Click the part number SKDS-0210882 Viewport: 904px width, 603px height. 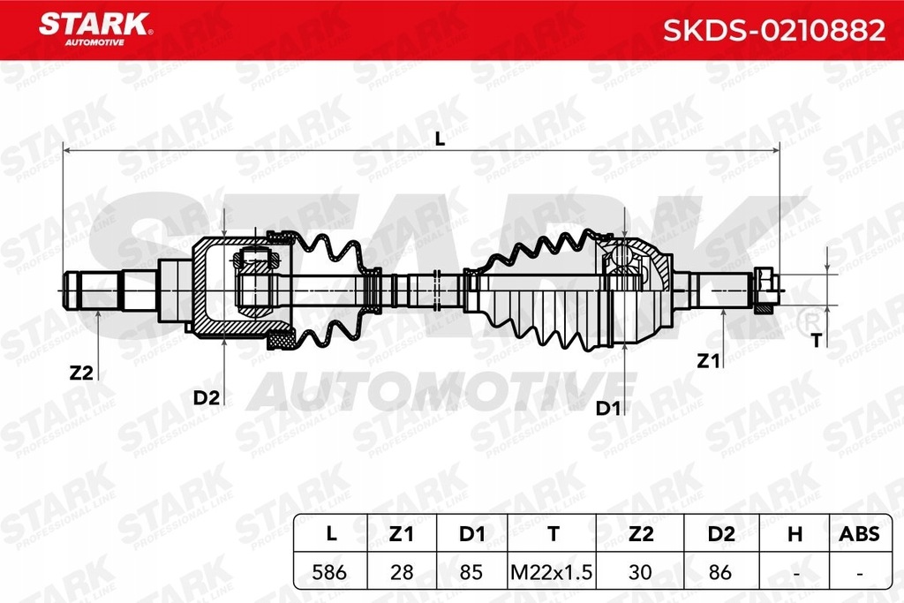click(773, 31)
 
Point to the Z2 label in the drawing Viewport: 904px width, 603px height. click(81, 373)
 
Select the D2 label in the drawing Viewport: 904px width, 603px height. click(206, 397)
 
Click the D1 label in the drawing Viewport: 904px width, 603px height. click(605, 408)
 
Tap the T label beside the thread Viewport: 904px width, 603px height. click(816, 341)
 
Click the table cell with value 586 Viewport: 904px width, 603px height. click(328, 571)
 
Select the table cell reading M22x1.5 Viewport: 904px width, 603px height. click(553, 571)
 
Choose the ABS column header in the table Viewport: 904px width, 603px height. click(858, 533)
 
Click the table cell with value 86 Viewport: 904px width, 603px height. click(720, 571)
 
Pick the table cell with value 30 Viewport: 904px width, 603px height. click(641, 571)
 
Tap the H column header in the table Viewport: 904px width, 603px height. click(794, 533)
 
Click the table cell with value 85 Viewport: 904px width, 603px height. click(471, 571)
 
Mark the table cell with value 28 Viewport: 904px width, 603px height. click(402, 571)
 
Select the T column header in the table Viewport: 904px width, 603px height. click(553, 533)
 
